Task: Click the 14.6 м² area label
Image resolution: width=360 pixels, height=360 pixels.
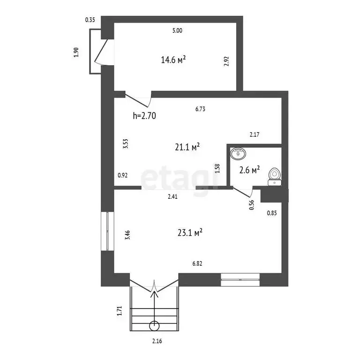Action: [x=173, y=60]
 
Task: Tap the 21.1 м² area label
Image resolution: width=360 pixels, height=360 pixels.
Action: [x=187, y=147]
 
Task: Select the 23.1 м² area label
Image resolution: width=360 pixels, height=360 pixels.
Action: [x=190, y=232]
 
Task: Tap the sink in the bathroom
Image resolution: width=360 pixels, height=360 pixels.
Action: [x=239, y=153]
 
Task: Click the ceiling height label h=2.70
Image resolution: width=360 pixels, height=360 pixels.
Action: [x=144, y=116]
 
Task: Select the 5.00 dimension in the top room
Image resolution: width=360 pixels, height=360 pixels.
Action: [x=177, y=31]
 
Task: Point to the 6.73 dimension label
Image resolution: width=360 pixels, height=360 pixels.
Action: [x=201, y=109]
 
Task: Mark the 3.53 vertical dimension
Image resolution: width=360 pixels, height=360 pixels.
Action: [x=125, y=144]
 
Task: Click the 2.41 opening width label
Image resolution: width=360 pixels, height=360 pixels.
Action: [x=173, y=196]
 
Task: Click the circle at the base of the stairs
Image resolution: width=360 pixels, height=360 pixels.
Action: [x=155, y=326]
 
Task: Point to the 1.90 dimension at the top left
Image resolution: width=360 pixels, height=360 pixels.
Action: [x=76, y=52]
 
